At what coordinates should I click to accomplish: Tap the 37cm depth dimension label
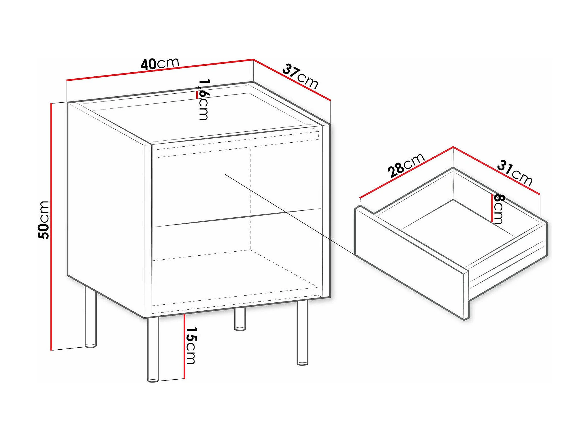tap(300, 76)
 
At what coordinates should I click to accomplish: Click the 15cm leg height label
tap(191, 346)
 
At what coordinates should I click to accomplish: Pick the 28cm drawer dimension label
tap(406, 165)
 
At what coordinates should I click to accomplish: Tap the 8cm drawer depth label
tap(499, 209)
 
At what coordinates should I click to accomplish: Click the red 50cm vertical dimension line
tap(51, 227)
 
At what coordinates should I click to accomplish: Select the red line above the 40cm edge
tap(160, 69)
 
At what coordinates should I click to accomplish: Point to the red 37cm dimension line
tap(292, 80)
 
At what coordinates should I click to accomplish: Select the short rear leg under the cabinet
tap(240, 319)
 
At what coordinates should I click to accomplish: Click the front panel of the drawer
tap(409, 262)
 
